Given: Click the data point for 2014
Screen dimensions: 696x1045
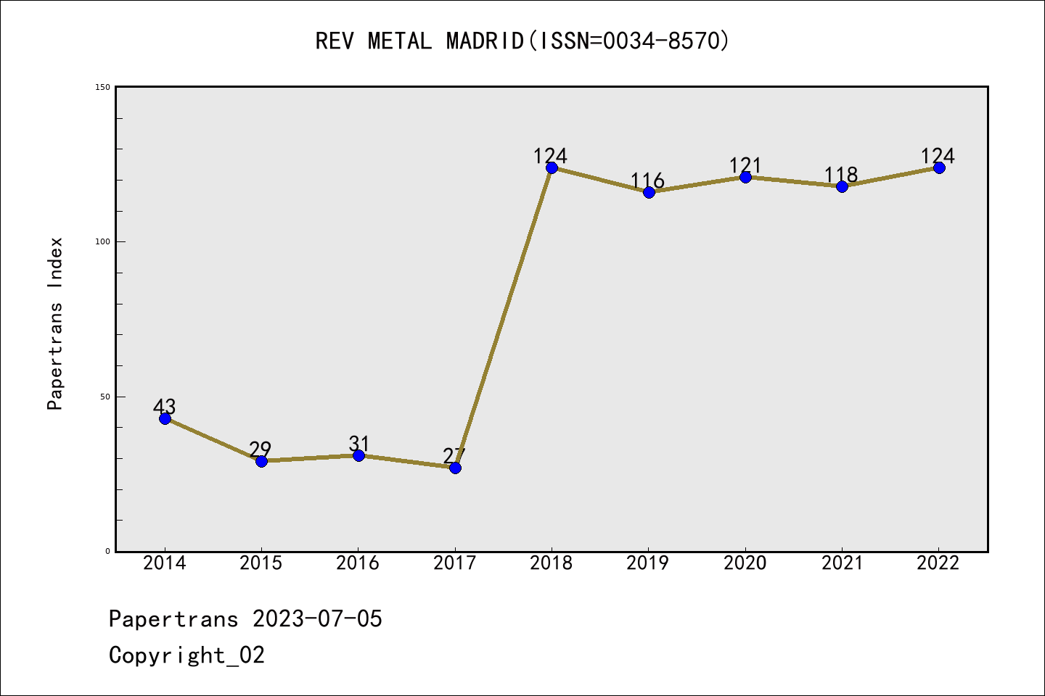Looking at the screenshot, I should coord(165,418).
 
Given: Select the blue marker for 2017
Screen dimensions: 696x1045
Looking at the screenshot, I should coord(455,468).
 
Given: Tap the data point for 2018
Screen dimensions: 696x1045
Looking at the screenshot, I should coord(552,167).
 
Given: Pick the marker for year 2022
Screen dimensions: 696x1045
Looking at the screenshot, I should coord(939,167).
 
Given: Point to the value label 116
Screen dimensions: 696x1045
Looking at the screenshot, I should coord(647,181).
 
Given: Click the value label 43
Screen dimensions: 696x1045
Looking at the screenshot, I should coord(165,407).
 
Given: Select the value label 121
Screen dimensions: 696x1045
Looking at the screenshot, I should coord(745,165).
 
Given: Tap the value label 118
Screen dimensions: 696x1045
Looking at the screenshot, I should coord(841,175).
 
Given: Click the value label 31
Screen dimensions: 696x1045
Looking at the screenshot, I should coord(359,444).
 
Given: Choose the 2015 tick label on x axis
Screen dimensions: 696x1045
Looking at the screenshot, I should coord(261,563).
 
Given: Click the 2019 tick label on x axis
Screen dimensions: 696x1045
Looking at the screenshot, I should coord(648,563).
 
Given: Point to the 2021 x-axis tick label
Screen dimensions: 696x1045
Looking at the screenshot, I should coord(842,563).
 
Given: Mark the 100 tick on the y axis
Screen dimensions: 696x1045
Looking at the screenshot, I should coord(102,241).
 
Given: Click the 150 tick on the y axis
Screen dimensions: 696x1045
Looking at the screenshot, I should coord(102,87).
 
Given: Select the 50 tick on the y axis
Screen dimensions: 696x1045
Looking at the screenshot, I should coord(104,397).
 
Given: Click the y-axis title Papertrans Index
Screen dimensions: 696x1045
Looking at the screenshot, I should coord(55,323).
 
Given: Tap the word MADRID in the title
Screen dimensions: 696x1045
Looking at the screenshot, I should coord(485,41).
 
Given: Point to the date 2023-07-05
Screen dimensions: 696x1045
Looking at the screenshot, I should coord(317,619).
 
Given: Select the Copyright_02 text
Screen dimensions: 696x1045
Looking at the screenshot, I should coord(187,655).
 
